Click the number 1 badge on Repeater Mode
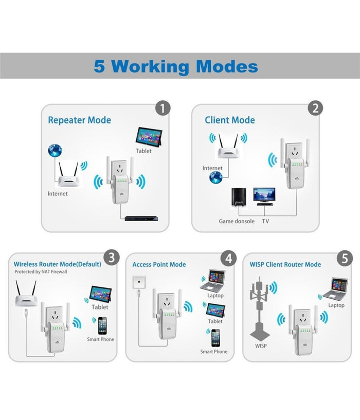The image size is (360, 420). (163, 108)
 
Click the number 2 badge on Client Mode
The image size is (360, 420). (315, 108)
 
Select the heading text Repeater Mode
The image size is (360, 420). (79, 120)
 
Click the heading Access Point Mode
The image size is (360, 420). (159, 264)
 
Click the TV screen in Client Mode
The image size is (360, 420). (264, 194)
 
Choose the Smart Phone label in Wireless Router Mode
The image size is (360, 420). (101, 339)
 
